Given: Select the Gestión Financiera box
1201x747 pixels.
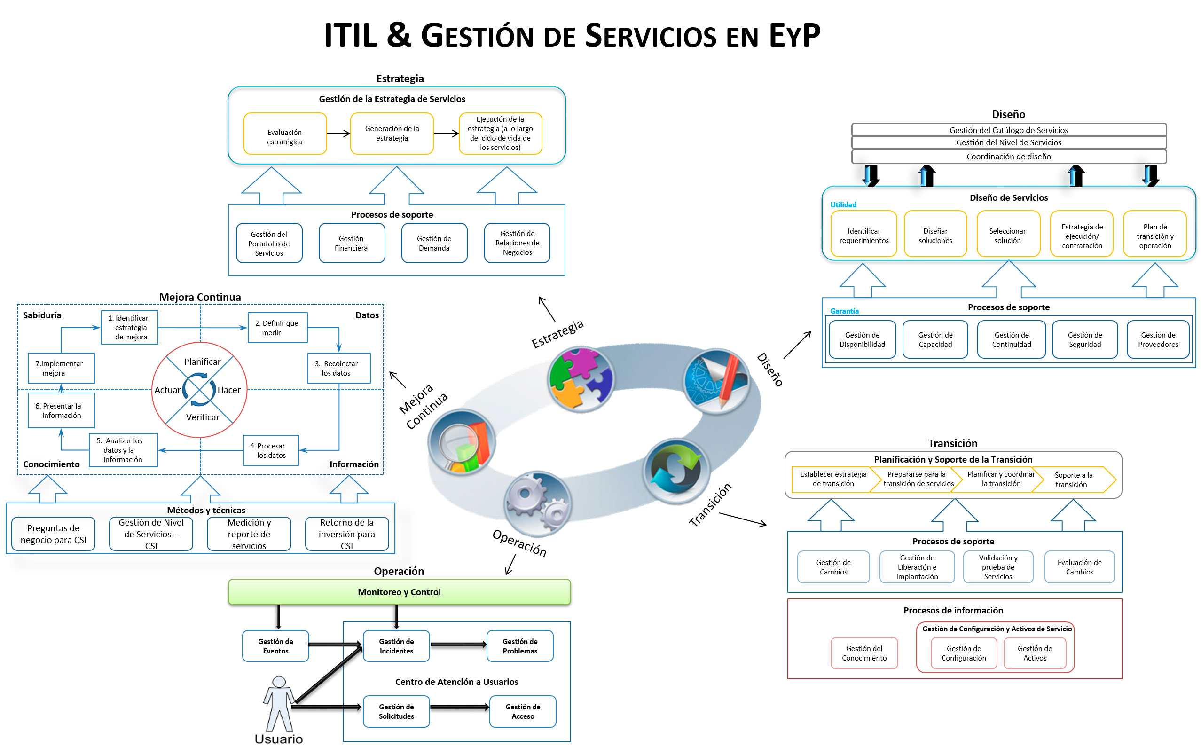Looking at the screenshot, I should (351, 243).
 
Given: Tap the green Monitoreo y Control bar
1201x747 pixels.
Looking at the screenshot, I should (399, 592).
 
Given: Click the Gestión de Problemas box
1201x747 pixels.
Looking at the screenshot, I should (520, 646).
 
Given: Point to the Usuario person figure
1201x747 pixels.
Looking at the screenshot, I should (279, 704).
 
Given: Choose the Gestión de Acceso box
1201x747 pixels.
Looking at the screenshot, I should (523, 711).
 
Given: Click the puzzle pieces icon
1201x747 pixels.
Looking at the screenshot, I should (581, 379).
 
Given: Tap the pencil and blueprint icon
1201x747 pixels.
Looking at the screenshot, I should (716, 380).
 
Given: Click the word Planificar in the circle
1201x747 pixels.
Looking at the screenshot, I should (202, 362).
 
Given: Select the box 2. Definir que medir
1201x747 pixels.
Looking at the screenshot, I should (277, 328).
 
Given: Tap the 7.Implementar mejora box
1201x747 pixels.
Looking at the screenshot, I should (61, 368).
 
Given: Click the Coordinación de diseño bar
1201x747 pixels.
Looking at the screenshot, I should (1008, 157).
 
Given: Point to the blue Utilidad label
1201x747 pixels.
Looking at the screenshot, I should (843, 204).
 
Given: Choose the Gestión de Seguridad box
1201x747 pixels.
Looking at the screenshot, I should (1084, 339).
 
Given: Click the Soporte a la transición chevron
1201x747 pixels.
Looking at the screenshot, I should (1074, 480).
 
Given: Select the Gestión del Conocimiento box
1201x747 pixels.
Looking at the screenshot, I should (864, 653).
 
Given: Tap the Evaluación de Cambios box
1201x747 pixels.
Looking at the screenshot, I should (1079, 567).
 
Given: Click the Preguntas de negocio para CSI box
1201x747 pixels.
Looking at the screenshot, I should (54, 534).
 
